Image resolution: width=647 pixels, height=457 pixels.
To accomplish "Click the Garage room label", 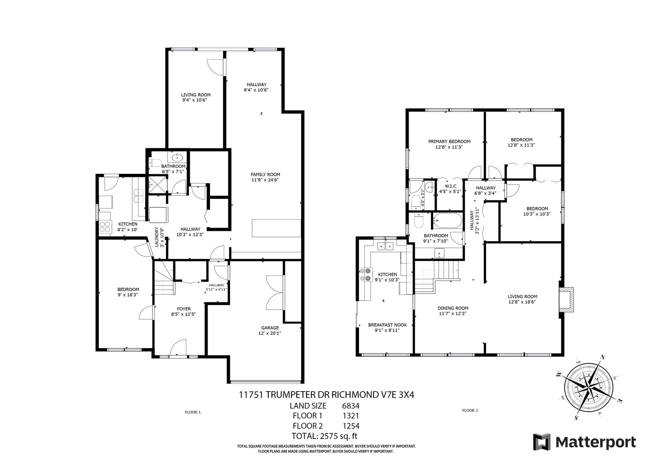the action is tap(270, 328).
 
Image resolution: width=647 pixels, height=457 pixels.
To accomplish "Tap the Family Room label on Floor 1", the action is tap(265, 175).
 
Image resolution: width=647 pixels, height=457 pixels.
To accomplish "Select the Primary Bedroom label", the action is tap(449, 142).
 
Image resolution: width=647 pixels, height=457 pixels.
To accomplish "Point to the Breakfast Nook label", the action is tap(387, 325).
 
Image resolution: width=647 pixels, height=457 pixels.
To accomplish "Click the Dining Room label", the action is tap(453, 308).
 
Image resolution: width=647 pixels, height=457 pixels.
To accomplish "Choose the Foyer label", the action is tap(184, 309).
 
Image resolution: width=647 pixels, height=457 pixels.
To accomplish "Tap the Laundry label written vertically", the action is tap(157, 237).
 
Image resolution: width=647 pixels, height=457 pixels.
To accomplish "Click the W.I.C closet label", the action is tap(450, 186).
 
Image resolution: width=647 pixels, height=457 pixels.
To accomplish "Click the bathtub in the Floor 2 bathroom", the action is tap(447, 221).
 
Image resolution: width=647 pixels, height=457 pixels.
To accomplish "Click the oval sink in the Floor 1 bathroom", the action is tap(176, 158).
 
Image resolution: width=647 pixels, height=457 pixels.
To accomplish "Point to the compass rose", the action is tap(589, 387).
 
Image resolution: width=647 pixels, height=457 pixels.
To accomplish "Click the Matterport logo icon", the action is tap(542, 442).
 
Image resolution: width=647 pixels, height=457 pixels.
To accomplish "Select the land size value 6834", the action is tap(350, 406).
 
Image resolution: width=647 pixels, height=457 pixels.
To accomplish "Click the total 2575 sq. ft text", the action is tap(324, 436).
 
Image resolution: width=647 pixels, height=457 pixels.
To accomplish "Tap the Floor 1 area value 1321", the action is tap(350, 416).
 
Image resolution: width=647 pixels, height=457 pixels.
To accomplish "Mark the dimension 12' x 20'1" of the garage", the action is tap(270, 333).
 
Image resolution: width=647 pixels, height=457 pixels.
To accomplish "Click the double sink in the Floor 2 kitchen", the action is tap(386, 246).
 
